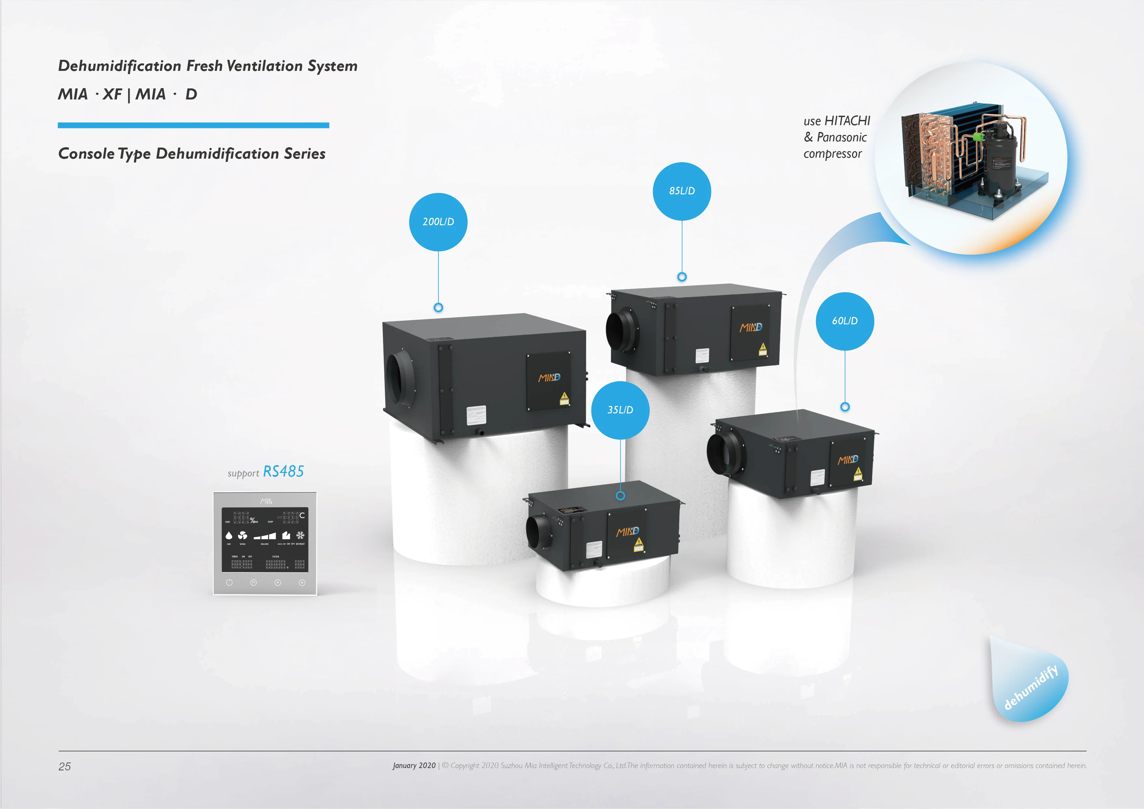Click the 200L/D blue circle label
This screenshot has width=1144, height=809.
(x=438, y=222)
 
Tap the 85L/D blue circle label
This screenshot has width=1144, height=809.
(x=682, y=191)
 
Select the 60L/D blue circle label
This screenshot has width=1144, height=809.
(x=845, y=321)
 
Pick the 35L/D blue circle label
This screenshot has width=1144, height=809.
(x=620, y=410)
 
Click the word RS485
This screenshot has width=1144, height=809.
(x=283, y=471)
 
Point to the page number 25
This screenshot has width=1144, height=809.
(x=65, y=766)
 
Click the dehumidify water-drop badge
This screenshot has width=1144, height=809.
(x=1029, y=685)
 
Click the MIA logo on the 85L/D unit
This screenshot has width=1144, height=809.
(x=750, y=327)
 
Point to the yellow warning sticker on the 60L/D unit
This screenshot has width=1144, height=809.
(x=858, y=473)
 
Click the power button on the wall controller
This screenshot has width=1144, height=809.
(x=229, y=582)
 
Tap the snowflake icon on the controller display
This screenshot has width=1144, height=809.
(x=300, y=536)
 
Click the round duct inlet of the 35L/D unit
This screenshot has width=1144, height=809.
(x=538, y=532)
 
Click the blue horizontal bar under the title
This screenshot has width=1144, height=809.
(x=193, y=125)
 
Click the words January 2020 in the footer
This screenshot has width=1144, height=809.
(x=413, y=766)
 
